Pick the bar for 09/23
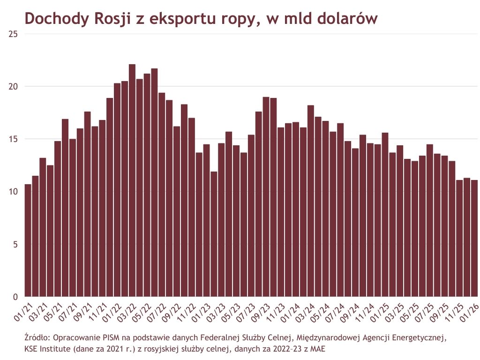[266, 197]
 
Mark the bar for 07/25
[429, 220]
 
